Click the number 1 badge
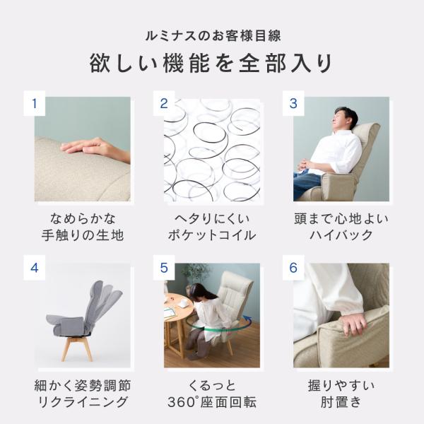click(x=35, y=103)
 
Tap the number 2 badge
click(x=164, y=103)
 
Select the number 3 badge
click(x=293, y=103)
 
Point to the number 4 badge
click(x=35, y=268)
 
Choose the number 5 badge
click(x=164, y=268)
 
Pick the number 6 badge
click(x=293, y=268)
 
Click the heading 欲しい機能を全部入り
click(x=211, y=64)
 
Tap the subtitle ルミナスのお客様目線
click(x=213, y=36)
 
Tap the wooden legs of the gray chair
click(x=77, y=349)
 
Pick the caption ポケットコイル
click(x=212, y=235)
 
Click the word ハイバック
click(x=341, y=235)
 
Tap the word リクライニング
click(x=83, y=402)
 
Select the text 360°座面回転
click(x=212, y=402)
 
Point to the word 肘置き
click(x=341, y=402)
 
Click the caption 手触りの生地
click(x=83, y=235)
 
